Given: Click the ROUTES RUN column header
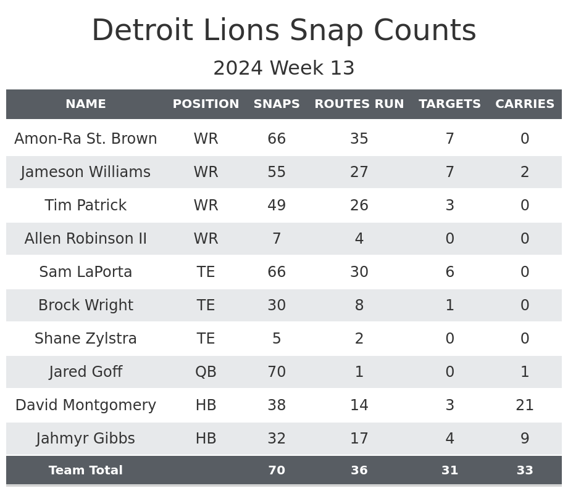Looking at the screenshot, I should coord(359,104).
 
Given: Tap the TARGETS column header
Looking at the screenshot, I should coord(449,104).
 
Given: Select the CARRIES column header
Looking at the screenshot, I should coord(524,104).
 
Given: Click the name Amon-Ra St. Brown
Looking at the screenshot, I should coord(86,139).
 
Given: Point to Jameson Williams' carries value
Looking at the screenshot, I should coord(524,172).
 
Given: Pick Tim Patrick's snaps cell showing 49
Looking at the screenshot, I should coord(277,205).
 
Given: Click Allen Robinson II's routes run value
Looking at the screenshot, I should coord(359,239).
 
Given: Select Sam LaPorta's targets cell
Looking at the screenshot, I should coord(449,272).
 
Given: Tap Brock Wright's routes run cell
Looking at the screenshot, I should coord(359,305).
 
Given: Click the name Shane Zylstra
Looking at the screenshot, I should coord(86,339).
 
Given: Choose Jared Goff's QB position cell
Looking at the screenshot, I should coord(206,372).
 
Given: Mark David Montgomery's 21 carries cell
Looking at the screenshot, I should coord(524,405).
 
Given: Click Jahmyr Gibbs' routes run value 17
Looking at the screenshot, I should coord(359,439).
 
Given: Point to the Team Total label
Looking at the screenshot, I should coord(86,471).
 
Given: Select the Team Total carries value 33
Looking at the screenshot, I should coord(524,471).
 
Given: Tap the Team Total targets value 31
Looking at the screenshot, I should coord(449,471).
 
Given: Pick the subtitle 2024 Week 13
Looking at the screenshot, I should coord(284,68).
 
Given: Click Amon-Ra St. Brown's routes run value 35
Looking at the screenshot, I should coord(359,139).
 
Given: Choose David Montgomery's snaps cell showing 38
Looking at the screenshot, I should coord(277,405).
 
